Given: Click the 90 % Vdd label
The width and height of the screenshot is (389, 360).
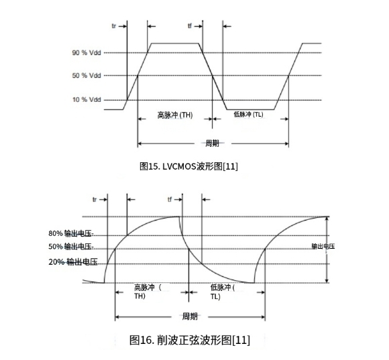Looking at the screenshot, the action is coord(87,53).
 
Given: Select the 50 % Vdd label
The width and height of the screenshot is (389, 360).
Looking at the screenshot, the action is coord(87,76).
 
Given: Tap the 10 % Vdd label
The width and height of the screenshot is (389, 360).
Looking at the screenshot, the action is coord(87,100).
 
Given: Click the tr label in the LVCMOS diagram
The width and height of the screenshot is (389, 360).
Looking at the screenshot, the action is coord(114,26).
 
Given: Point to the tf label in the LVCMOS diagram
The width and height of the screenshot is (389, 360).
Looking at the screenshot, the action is coord(190,25).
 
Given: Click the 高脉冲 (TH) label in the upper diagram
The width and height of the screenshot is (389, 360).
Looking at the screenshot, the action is coord(175,115).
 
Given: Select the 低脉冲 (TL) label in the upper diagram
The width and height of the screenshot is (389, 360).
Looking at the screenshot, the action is coord(248,114).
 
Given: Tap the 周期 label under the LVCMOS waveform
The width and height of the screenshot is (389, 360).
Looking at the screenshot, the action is coord(213,143).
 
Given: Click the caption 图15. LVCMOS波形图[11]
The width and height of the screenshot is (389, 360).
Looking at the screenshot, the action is coord(188,166).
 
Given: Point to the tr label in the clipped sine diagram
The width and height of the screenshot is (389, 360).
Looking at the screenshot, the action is coord(95,200).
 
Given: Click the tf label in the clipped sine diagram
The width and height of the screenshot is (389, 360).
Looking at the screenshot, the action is coord(170,199).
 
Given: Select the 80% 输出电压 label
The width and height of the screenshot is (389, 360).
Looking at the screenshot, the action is coord(70,233).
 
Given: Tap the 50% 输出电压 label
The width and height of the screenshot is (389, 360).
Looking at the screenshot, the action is coord(70,247).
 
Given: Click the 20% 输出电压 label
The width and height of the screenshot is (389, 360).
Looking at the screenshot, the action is coord(73,262).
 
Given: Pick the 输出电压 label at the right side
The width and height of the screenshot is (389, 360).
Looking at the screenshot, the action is coord(323,246).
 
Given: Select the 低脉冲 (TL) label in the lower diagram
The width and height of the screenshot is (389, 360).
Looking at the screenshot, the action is coord(223,292).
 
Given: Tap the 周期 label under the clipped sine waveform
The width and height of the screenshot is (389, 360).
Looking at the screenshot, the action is coord(190,316).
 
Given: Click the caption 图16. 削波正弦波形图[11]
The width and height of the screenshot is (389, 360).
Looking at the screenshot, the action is coord(190,340).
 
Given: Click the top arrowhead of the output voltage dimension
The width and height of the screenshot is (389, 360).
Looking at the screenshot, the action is coord(327,218).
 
